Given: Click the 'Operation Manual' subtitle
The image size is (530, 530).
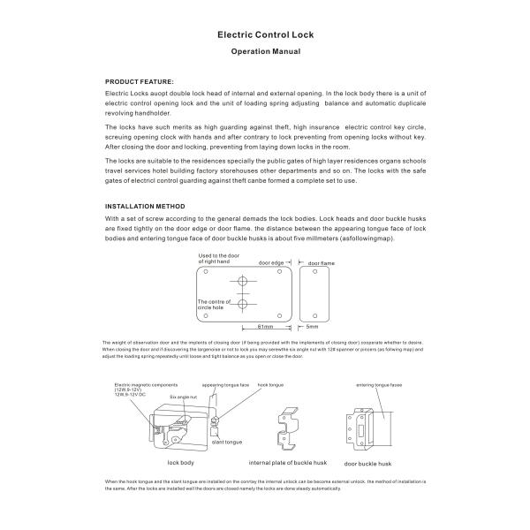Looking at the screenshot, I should click(265, 52).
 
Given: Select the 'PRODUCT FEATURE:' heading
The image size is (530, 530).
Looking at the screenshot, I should click(140, 80).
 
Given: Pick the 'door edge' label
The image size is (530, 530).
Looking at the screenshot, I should click(271, 262).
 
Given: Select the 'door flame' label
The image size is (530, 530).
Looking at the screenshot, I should click(321, 262).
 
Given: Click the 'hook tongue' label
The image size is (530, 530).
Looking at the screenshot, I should click(269, 386).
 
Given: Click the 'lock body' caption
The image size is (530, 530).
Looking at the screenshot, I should click(180, 462).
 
